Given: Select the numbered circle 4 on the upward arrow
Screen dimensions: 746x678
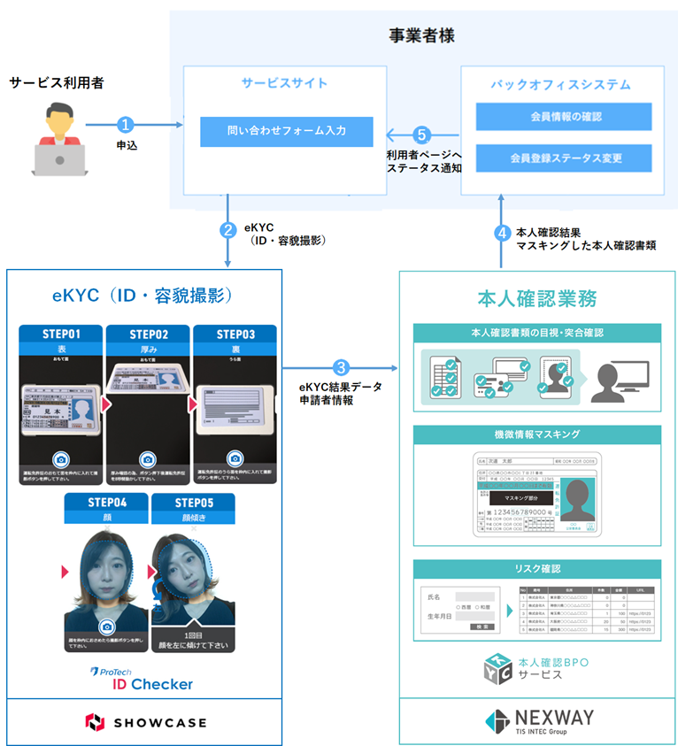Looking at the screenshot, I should (x=502, y=235).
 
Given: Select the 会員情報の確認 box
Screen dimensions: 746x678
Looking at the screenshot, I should (x=564, y=117).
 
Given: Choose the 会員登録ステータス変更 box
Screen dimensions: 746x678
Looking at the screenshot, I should (x=564, y=158).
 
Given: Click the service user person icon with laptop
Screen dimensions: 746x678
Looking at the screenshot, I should (x=58, y=138).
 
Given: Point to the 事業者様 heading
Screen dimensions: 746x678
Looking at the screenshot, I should (x=423, y=36).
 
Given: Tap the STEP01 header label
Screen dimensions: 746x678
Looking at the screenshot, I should (x=61, y=335).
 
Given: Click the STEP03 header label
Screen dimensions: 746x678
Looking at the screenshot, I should (x=235, y=335).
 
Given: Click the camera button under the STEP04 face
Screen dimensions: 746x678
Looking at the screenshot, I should (x=106, y=626).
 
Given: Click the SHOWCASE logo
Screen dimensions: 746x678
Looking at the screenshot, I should (x=145, y=721).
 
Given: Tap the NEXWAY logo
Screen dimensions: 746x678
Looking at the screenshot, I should (x=537, y=719).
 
